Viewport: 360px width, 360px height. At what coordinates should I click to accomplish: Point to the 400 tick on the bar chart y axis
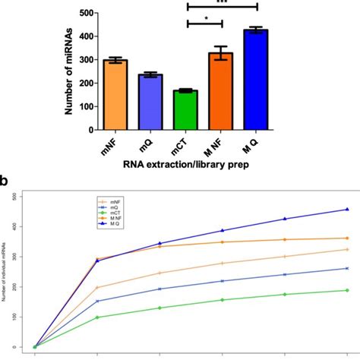coord(85,36)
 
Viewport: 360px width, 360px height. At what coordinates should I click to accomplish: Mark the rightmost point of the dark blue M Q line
coord(347,209)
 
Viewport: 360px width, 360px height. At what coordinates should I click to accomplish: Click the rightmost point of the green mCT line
coord(347,290)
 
